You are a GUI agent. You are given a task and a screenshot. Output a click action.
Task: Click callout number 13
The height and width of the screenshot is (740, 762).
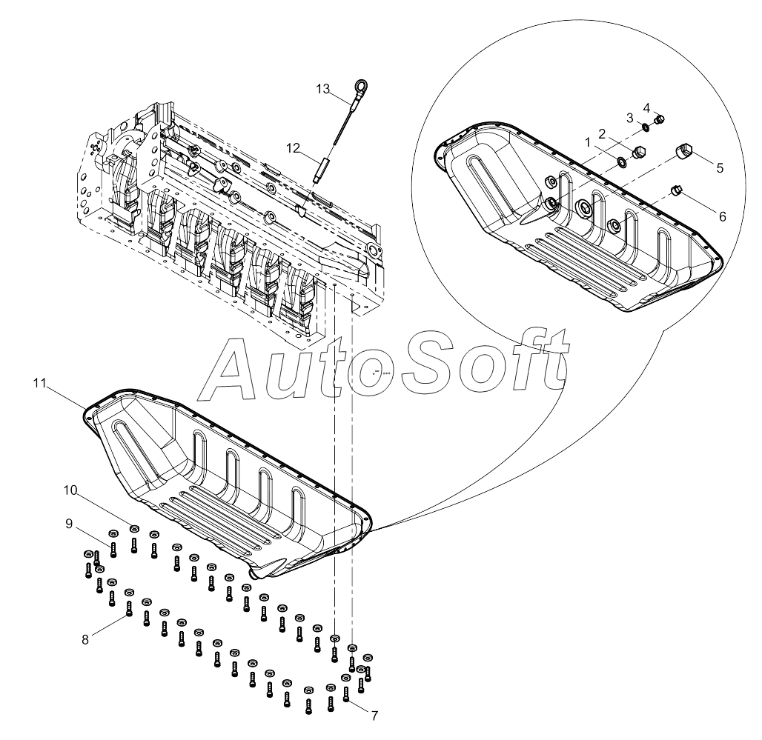[322, 89]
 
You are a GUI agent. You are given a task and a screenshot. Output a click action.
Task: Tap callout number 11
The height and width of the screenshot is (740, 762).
[40, 383]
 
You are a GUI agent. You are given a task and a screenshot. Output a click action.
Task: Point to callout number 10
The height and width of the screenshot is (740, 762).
[70, 490]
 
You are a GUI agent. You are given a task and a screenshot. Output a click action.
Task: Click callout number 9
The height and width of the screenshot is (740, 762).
[69, 524]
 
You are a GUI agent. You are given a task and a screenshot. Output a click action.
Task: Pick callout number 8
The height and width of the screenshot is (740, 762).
[85, 639]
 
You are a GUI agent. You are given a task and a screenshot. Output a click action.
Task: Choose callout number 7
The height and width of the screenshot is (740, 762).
[374, 716]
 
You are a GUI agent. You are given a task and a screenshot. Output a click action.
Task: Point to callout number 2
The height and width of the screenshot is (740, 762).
[602, 133]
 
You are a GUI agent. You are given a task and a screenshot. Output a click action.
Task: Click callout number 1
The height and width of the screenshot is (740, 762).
[586, 140]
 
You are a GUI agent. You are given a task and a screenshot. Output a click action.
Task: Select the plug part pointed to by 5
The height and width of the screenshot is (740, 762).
[685, 154]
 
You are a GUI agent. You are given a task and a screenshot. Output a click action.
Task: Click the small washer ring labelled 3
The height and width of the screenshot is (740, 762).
[646, 127]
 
